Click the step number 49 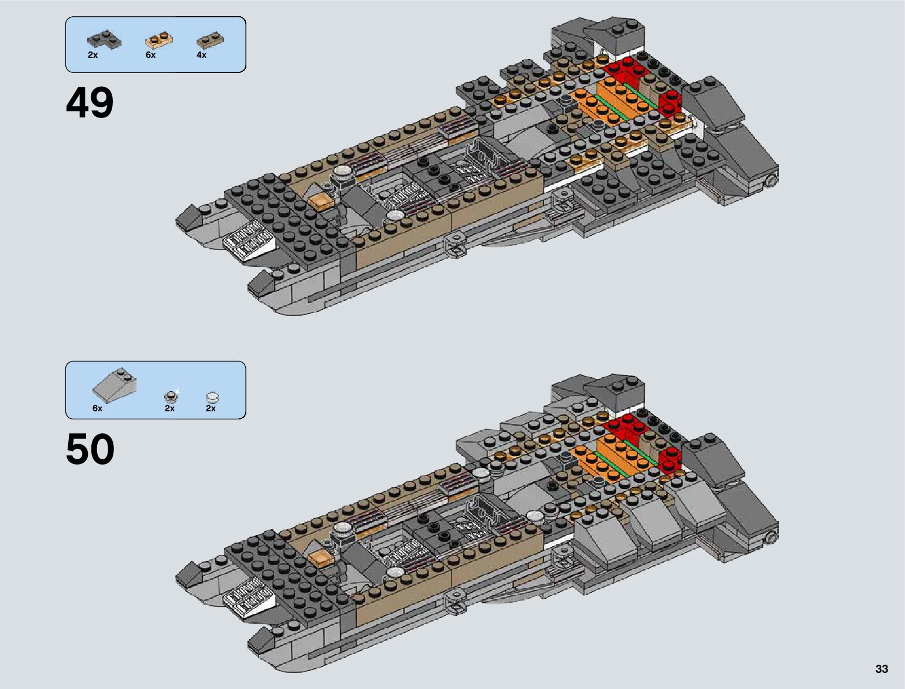90,104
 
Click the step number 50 90,449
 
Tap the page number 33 881,669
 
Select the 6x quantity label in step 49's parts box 150,55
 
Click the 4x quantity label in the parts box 201,55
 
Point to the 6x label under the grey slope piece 97,408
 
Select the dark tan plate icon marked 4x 210,40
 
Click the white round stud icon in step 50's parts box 213,397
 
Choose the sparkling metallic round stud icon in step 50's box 171,396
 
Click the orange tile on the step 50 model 319,558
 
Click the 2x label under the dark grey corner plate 93,55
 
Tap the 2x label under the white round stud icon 210,408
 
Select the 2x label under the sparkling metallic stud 169,408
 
